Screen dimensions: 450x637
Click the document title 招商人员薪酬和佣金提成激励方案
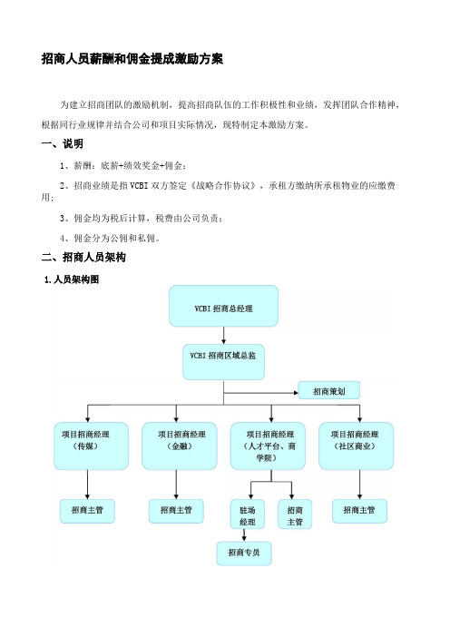[132, 59]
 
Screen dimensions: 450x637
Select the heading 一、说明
[62, 143]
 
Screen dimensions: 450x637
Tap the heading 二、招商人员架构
[83, 257]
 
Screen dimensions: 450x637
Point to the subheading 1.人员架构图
[72, 279]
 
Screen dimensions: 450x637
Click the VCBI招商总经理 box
[223, 306]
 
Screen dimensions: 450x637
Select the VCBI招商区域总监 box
[223, 362]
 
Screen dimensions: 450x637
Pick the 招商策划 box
[329, 390]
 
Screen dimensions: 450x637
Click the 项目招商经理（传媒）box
[91, 446]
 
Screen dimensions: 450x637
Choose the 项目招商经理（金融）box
[179, 446]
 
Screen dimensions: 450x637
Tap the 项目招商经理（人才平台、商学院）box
[268, 446]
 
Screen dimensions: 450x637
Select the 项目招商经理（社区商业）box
[357, 446]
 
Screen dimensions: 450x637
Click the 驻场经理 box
[248, 514]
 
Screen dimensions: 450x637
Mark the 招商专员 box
[244, 554]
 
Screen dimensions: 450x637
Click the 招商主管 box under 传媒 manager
[87, 511]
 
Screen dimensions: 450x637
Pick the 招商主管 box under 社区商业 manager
[359, 511]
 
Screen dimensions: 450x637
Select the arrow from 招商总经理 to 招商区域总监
[223, 336]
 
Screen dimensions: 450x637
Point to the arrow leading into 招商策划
[261, 393]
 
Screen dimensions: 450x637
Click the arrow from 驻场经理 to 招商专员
[244, 535]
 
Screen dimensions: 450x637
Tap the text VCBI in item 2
[139, 186]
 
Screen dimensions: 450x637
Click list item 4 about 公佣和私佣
[110, 239]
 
